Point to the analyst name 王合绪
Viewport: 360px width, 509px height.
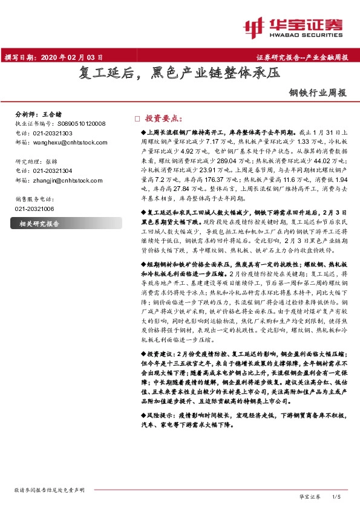click(56, 114)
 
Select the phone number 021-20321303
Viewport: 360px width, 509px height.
click(54, 132)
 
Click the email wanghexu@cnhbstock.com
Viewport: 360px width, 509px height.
click(70, 142)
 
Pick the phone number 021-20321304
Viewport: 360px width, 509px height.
click(54, 171)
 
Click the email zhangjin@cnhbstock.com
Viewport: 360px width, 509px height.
click(69, 180)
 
